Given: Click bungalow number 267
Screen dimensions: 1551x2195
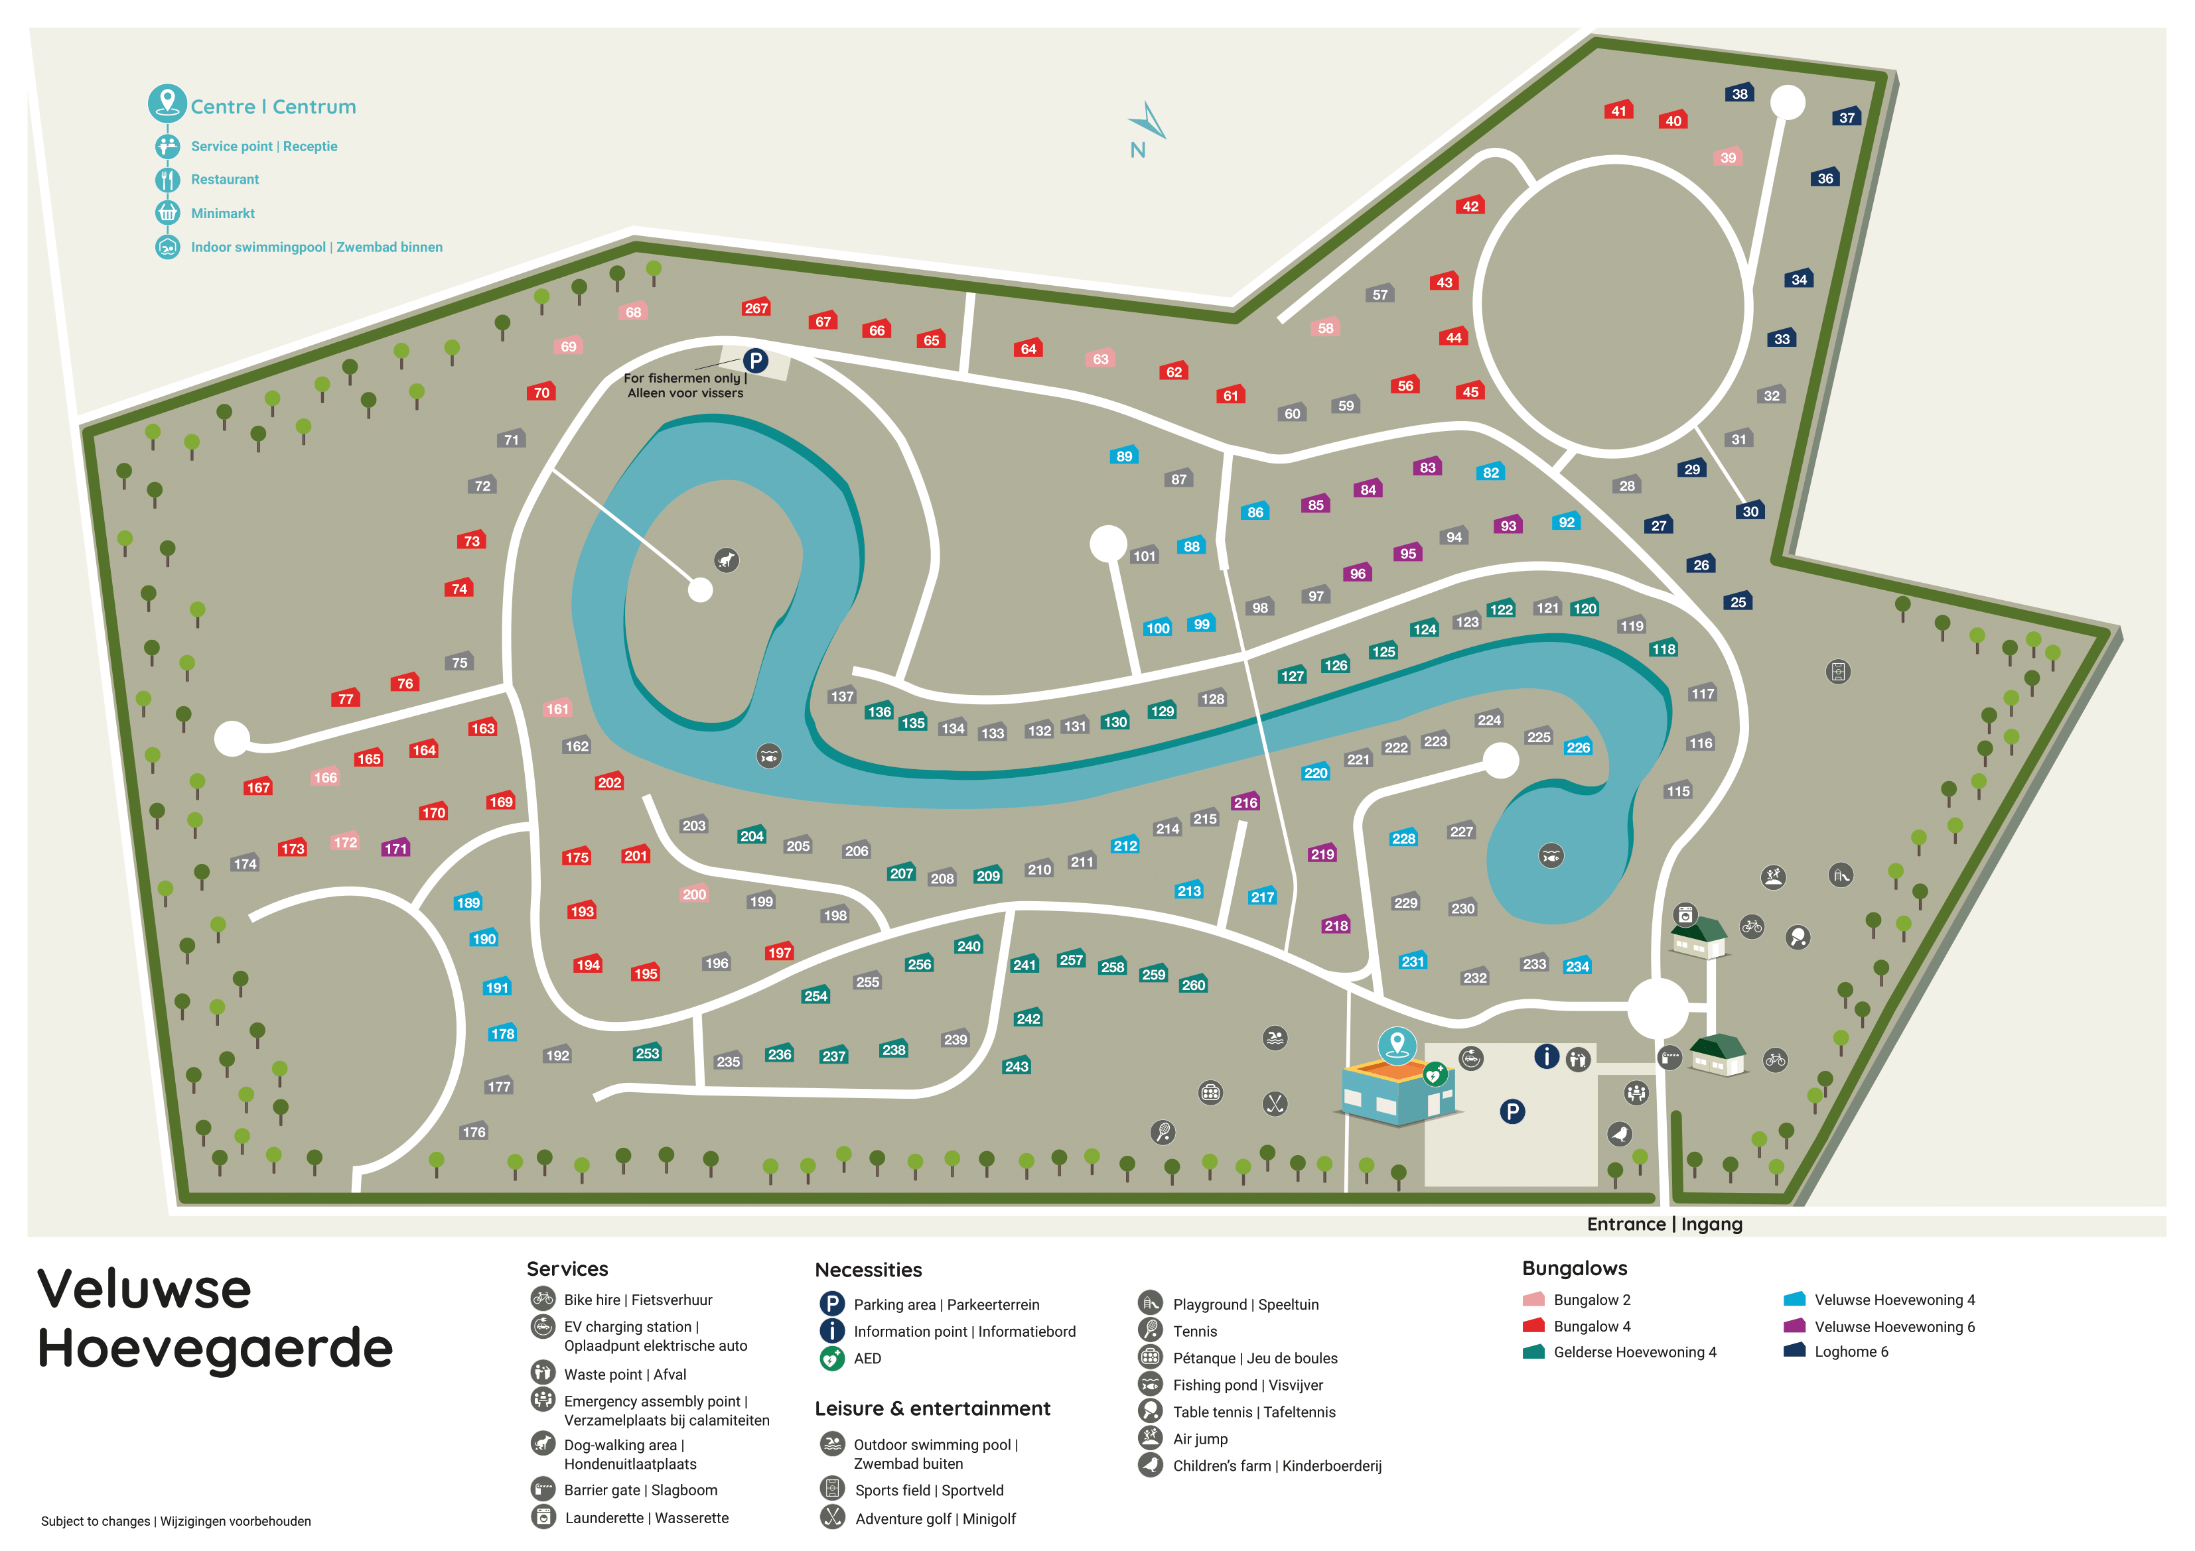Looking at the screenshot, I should [756, 308].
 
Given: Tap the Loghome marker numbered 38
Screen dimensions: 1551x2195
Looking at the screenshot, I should [1739, 93].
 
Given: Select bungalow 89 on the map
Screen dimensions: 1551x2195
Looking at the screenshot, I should [1124, 456].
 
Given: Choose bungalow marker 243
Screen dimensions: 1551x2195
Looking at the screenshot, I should [1017, 1066].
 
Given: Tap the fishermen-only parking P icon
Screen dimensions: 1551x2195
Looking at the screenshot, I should [755, 360].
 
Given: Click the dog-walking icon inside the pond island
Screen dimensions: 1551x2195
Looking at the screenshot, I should [727, 560].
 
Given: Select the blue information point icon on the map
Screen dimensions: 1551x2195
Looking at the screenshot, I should [1546, 1056].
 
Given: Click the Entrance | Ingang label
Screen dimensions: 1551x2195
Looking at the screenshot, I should [1664, 1224].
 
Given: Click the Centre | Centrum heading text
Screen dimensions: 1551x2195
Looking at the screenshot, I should [273, 107].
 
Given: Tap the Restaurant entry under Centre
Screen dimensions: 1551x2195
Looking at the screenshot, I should [225, 180].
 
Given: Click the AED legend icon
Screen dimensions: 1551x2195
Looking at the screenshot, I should [831, 1358].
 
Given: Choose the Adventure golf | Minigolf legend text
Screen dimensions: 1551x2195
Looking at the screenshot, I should [935, 1519].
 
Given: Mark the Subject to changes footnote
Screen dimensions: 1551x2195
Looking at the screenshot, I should [176, 1521].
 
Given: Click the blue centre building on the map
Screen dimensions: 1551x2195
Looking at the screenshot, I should [1396, 1093].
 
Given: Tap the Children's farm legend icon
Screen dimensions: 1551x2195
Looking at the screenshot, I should [1150, 1465].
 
